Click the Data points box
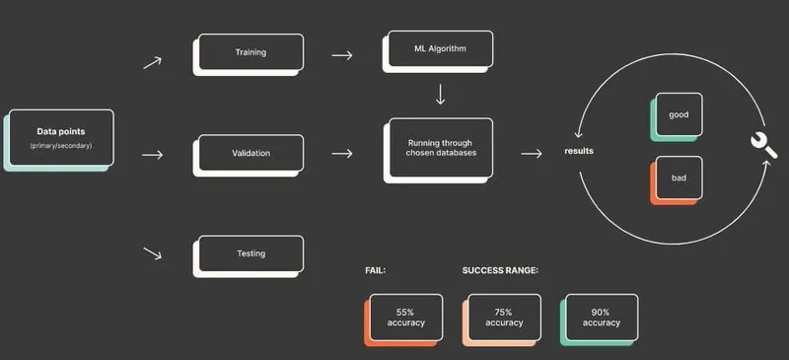coord(59,140)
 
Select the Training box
coord(249,54)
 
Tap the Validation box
coord(249,155)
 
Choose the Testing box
coord(249,255)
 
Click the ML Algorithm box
coord(438,51)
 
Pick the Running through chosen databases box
coord(438,150)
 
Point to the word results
coord(579,151)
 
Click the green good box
coord(677,116)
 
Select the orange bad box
coord(677,180)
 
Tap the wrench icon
coord(762,146)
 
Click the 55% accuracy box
coord(403,320)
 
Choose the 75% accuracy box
coord(502,320)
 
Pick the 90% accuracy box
coord(600,320)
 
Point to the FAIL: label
coord(375,270)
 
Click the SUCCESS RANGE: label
coord(500,270)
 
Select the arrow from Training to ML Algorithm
coord(342,55)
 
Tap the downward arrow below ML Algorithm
coord(440,94)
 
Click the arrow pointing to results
coord(532,153)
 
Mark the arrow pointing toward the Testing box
coord(153,252)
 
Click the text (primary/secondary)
coord(61,146)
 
